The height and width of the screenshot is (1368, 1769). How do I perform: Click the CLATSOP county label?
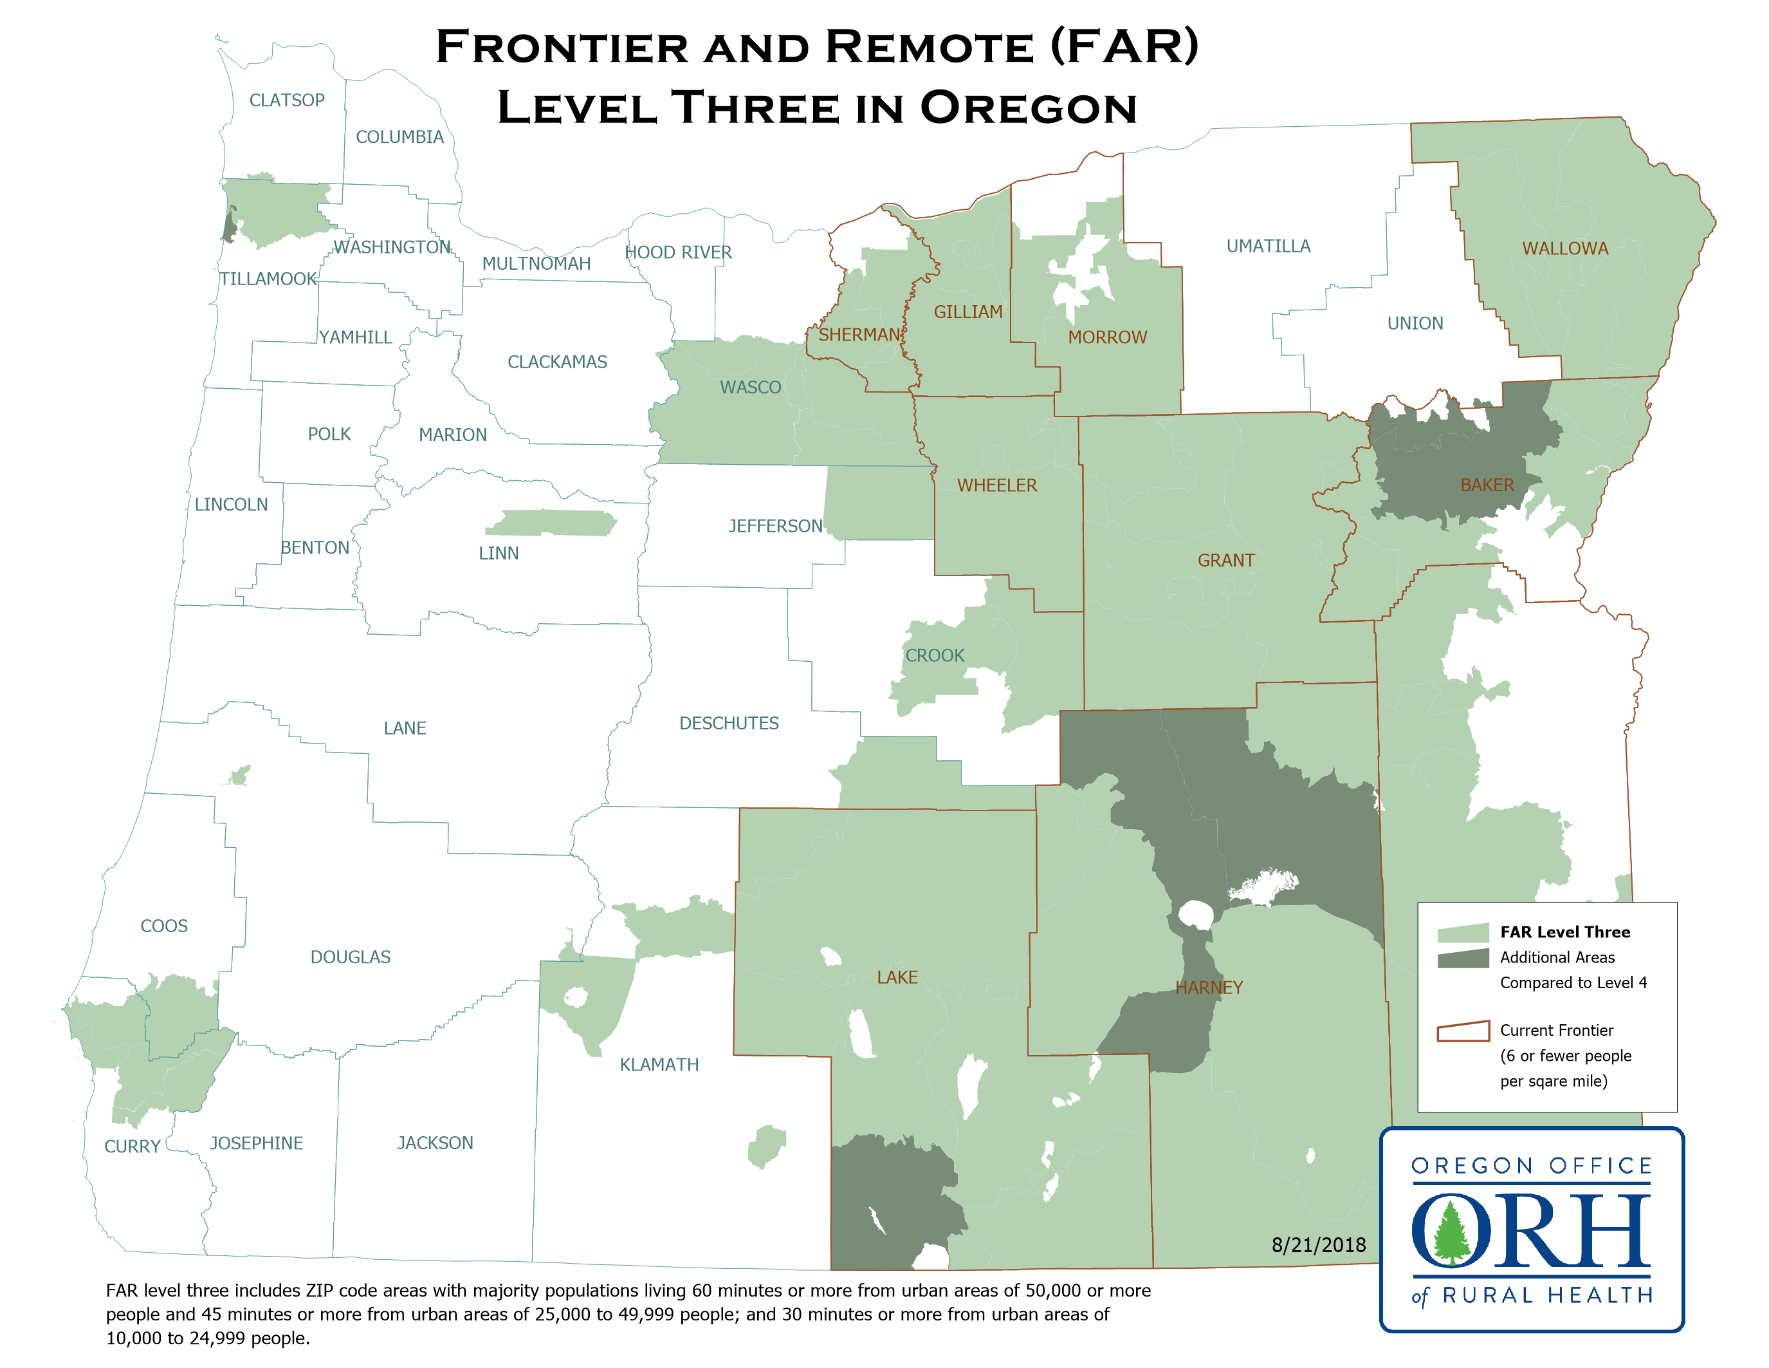287,100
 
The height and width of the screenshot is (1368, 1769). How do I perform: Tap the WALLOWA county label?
1565,248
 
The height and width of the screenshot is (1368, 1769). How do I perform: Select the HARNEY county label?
1209,987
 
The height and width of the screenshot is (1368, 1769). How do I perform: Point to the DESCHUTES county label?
728,723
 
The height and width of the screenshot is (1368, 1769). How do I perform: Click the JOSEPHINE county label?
256,1143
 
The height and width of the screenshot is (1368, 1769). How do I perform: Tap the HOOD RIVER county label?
678,252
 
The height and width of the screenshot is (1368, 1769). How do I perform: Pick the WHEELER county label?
996,485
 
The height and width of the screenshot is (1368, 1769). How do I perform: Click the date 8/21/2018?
1318,1245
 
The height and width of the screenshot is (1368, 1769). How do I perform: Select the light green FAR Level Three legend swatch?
1463,933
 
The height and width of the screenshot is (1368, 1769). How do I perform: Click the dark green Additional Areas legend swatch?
1463,959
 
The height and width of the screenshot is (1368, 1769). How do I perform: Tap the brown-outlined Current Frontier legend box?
1463,1031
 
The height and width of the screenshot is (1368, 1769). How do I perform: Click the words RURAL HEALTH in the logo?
1547,1295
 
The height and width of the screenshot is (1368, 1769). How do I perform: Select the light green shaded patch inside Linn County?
551,523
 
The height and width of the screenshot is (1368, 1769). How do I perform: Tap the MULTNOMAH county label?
536,263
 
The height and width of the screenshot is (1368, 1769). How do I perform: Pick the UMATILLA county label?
1268,247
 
